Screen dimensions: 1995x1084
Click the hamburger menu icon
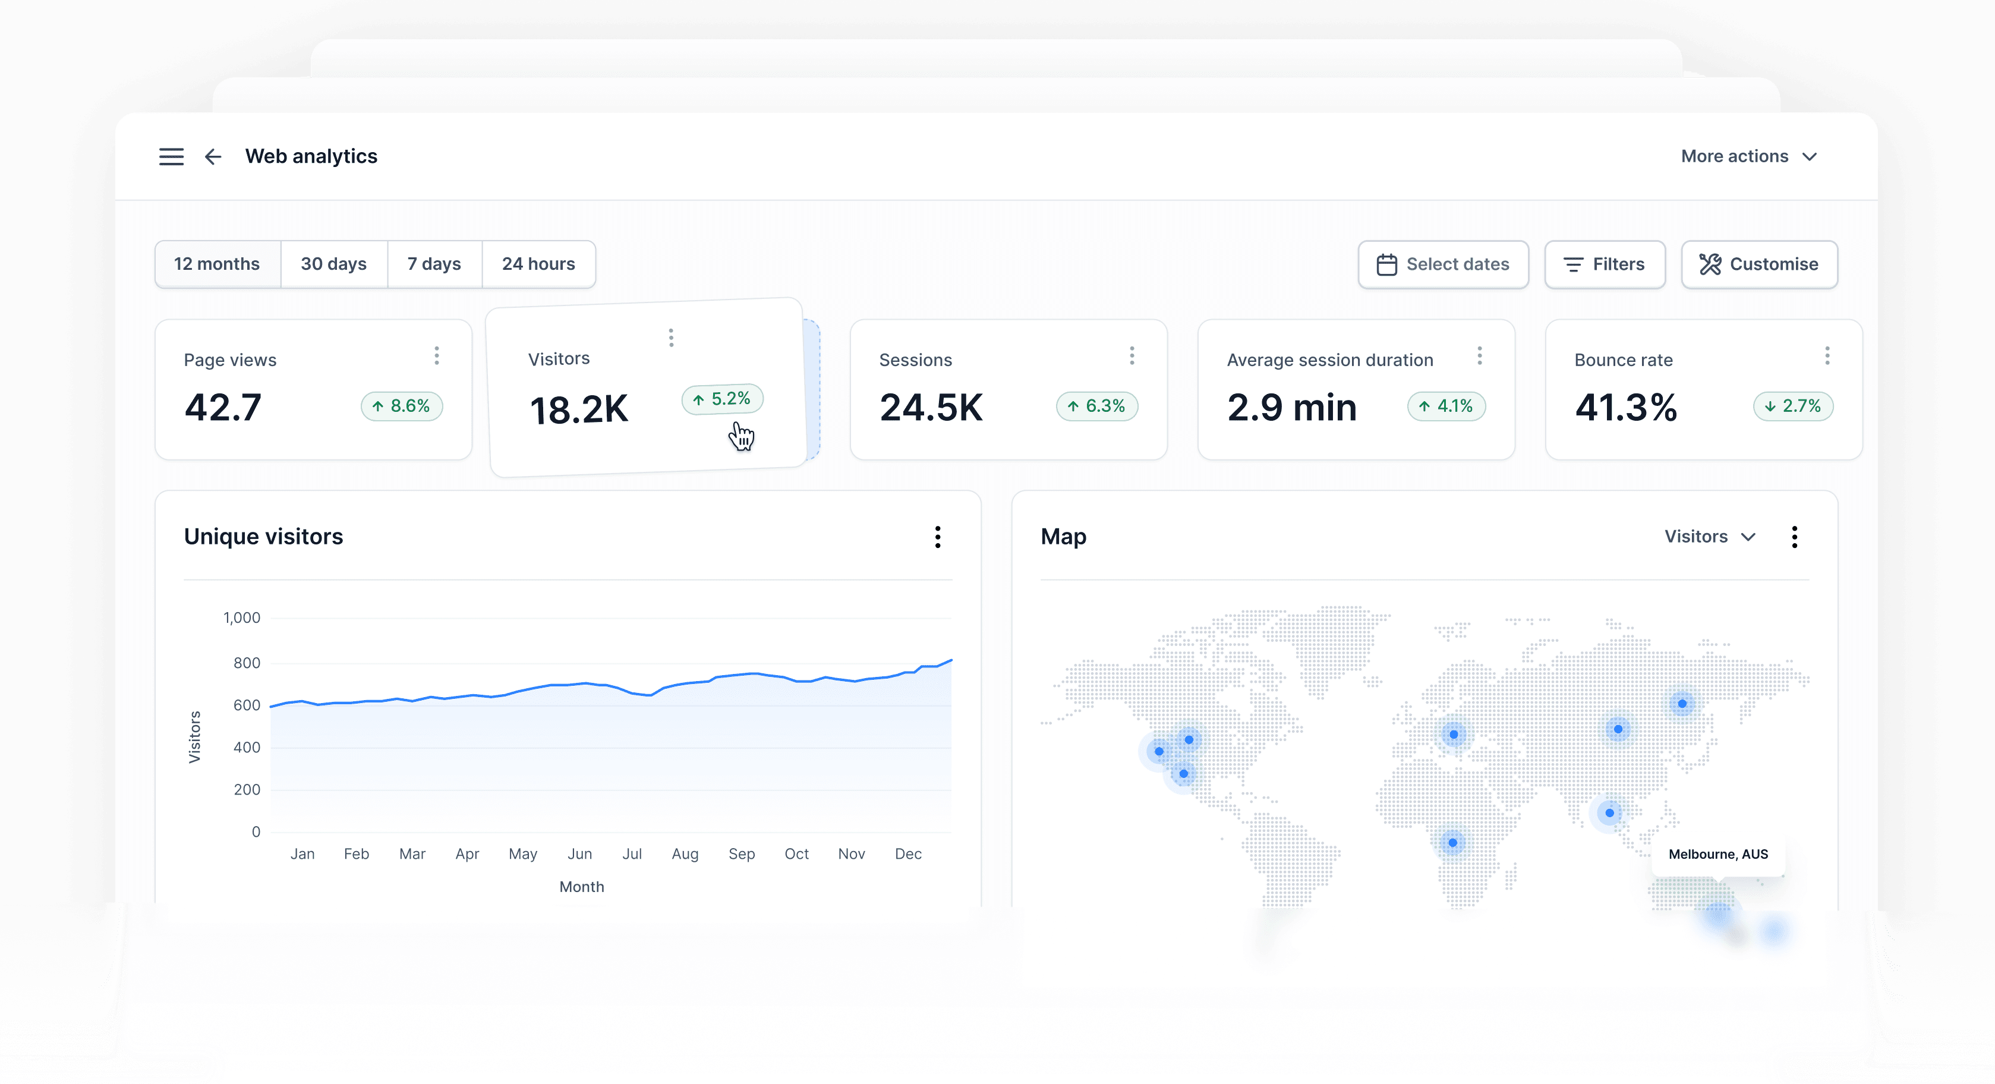pos(171,157)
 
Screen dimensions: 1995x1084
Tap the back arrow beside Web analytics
pos(213,157)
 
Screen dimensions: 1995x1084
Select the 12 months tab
pos(217,264)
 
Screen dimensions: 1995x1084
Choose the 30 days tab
pos(334,264)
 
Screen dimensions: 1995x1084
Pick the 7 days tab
pos(434,264)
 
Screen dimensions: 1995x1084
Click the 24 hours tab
pos(538,264)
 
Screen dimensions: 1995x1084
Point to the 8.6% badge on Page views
pos(401,406)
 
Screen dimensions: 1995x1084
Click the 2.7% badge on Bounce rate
pos(1793,406)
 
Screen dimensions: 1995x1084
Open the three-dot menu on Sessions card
pos(1132,355)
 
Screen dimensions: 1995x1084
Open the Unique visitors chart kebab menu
pos(937,537)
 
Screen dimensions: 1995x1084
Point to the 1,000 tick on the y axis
pos(242,618)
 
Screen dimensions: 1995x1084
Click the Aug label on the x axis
pos(685,854)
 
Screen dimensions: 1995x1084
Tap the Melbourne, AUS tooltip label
pos(1717,854)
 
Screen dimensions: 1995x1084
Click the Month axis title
pos(582,887)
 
